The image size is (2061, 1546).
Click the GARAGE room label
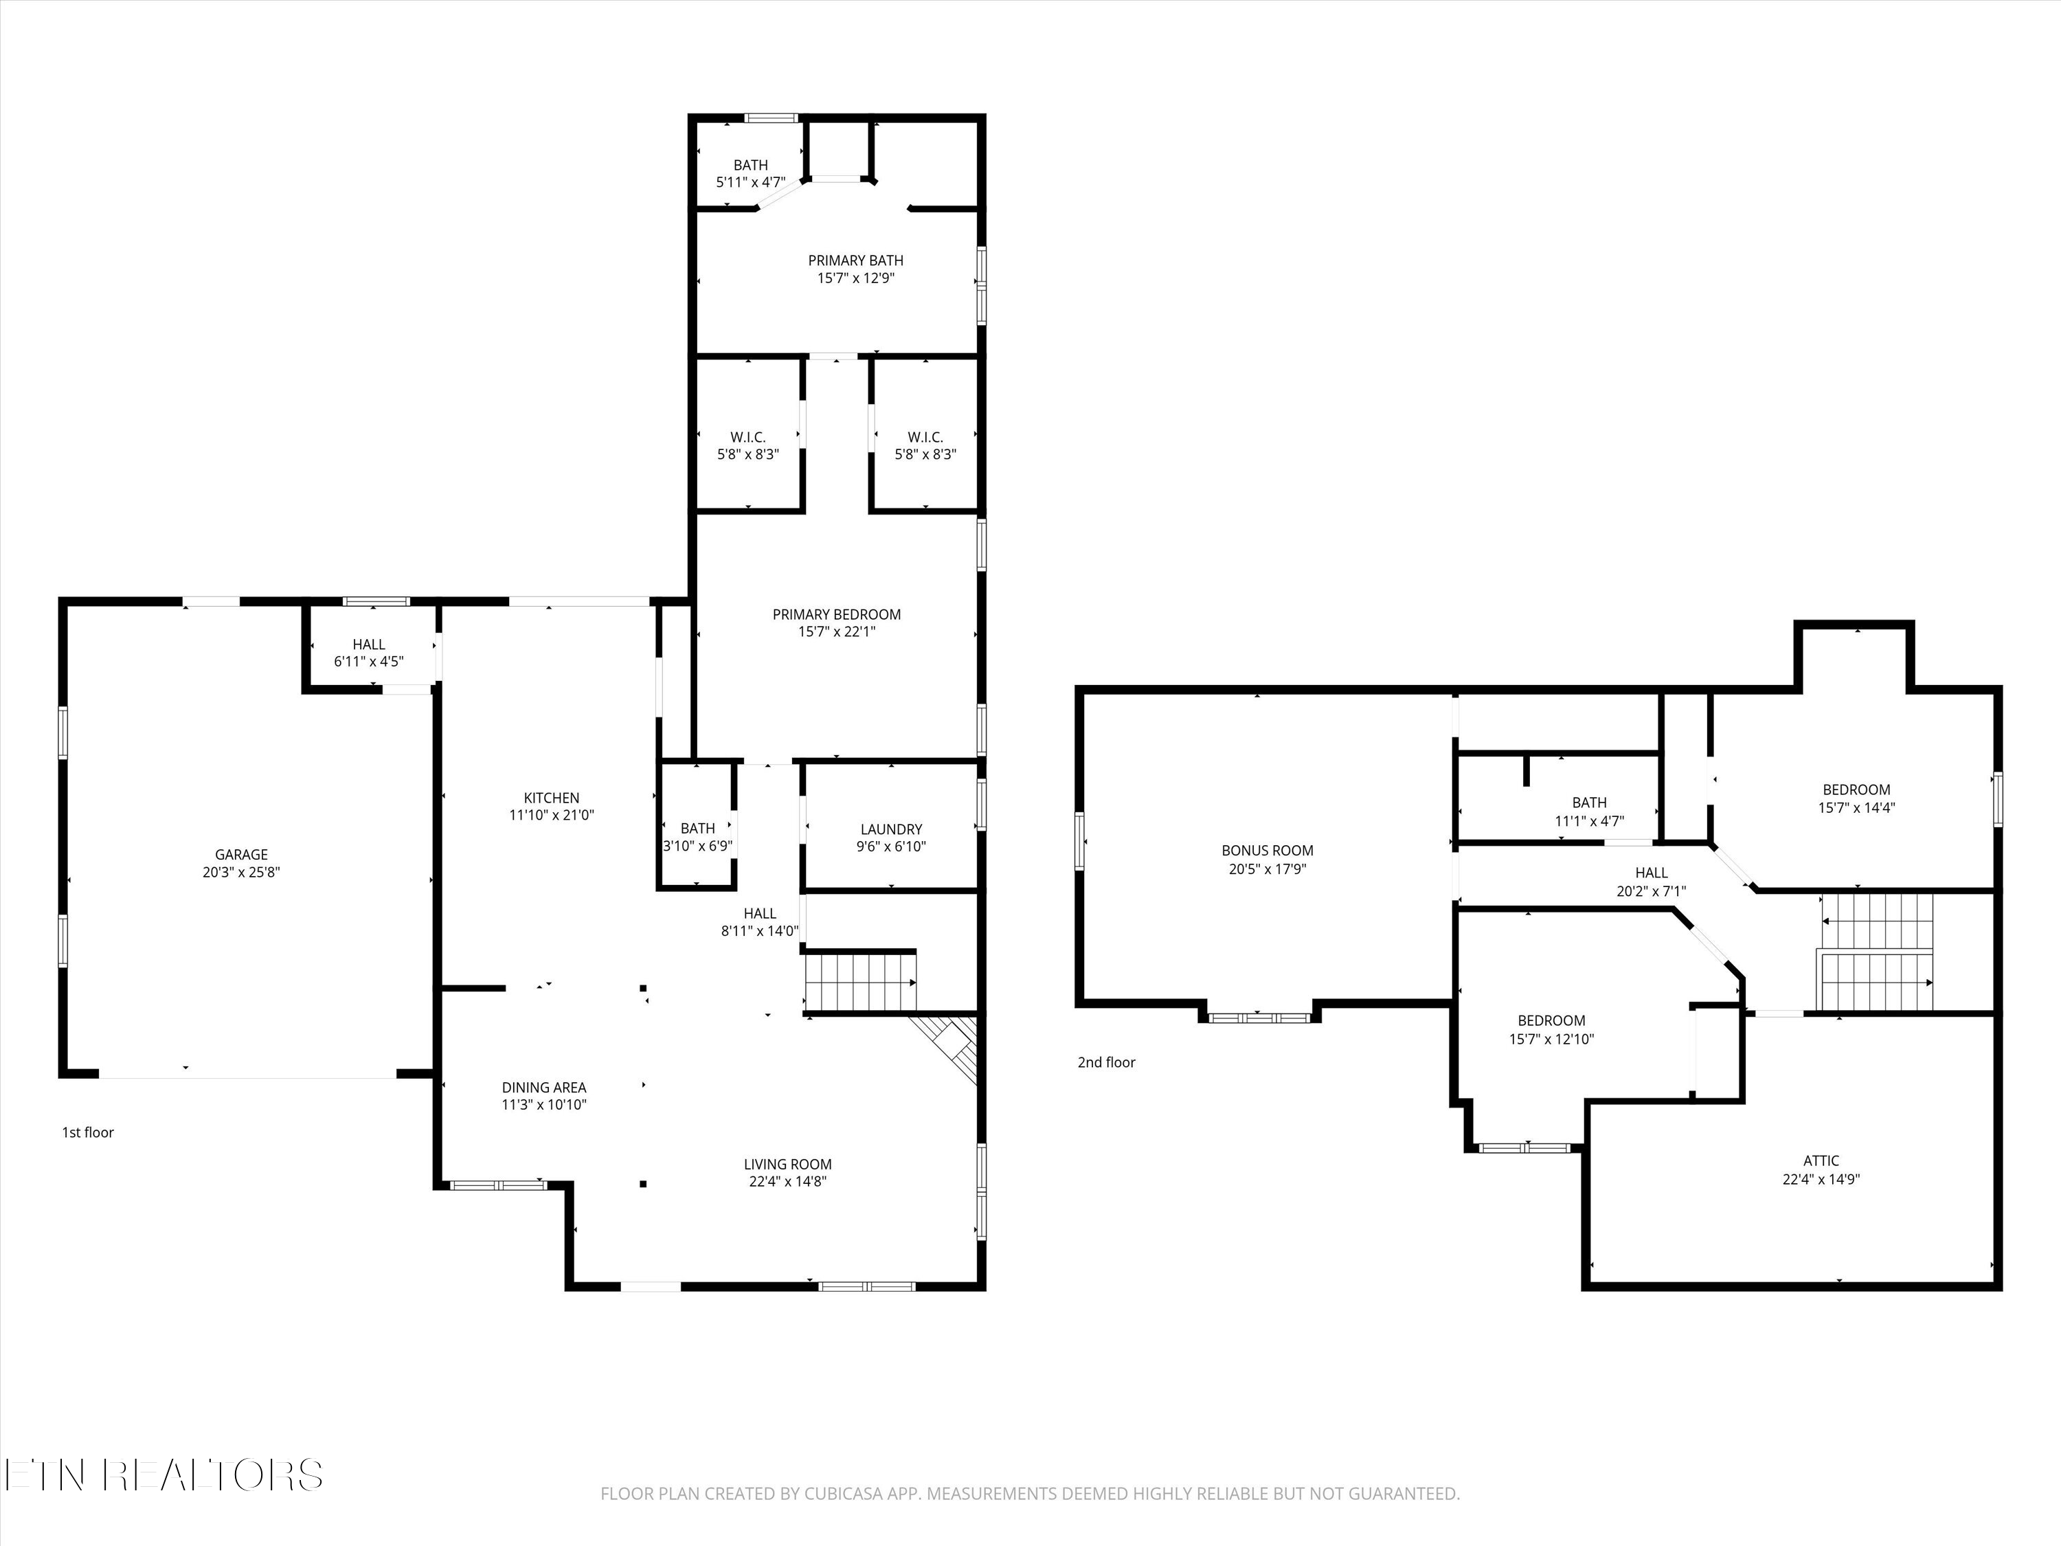click(x=241, y=855)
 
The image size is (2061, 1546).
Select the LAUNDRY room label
click(x=891, y=829)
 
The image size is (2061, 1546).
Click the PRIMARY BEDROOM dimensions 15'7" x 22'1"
click(x=836, y=632)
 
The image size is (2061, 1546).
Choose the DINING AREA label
click(x=544, y=1088)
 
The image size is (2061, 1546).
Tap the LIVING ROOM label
click(x=787, y=1164)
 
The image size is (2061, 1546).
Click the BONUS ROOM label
click(x=1267, y=851)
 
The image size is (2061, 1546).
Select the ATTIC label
click(x=1821, y=1161)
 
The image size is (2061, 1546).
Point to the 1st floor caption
click(x=87, y=1132)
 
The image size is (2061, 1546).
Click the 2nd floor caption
click(x=1106, y=1062)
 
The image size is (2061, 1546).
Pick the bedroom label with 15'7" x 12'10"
click(x=1551, y=1030)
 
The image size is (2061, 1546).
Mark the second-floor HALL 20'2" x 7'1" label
click(x=1651, y=882)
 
